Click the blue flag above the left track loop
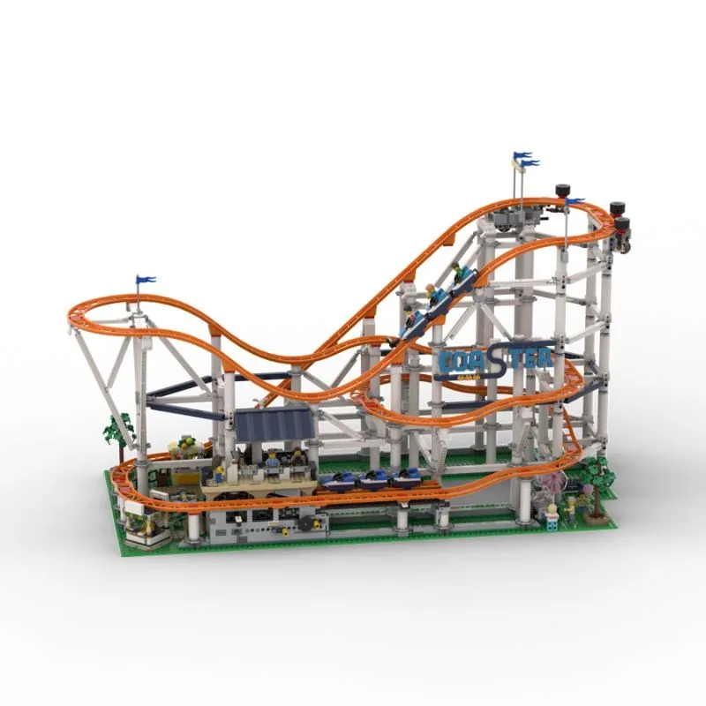point(146,279)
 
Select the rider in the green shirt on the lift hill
point(456,271)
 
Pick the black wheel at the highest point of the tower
point(561,190)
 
